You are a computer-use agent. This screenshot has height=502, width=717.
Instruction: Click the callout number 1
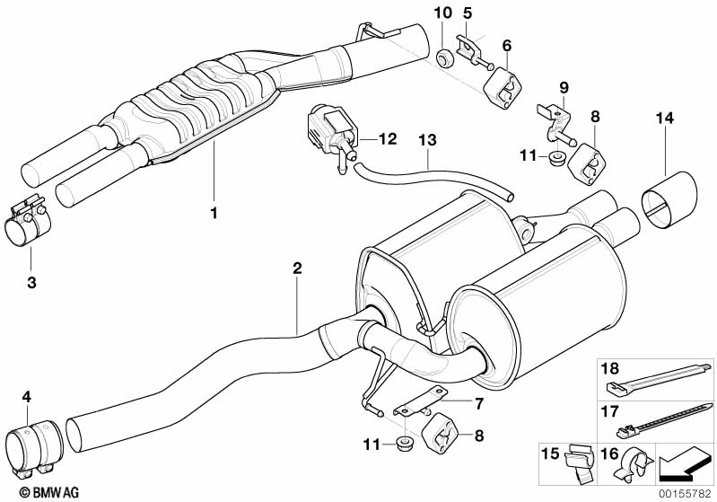tap(214, 213)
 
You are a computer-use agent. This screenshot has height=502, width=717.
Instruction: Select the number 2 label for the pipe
tap(297, 269)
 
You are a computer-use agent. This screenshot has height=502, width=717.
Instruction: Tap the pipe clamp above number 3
tap(28, 222)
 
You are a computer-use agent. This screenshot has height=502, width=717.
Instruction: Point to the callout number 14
tap(664, 118)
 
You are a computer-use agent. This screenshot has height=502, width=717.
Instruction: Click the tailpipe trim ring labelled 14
tap(669, 199)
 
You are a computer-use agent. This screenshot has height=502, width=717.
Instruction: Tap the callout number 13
tap(427, 140)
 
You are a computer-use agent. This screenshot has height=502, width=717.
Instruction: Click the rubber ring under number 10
tap(443, 58)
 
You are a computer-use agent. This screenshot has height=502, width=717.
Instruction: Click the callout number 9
tap(564, 87)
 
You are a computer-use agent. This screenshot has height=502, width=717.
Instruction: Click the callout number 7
tap(479, 403)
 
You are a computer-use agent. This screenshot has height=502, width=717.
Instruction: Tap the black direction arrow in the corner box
tap(682, 464)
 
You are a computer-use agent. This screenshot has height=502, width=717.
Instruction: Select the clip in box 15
tap(580, 463)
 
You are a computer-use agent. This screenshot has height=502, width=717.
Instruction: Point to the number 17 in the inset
tap(609, 411)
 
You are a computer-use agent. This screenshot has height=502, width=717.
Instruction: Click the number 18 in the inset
tap(609, 368)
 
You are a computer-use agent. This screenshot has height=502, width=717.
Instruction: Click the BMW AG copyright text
tap(49, 492)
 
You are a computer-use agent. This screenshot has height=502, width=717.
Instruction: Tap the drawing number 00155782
tap(685, 494)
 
